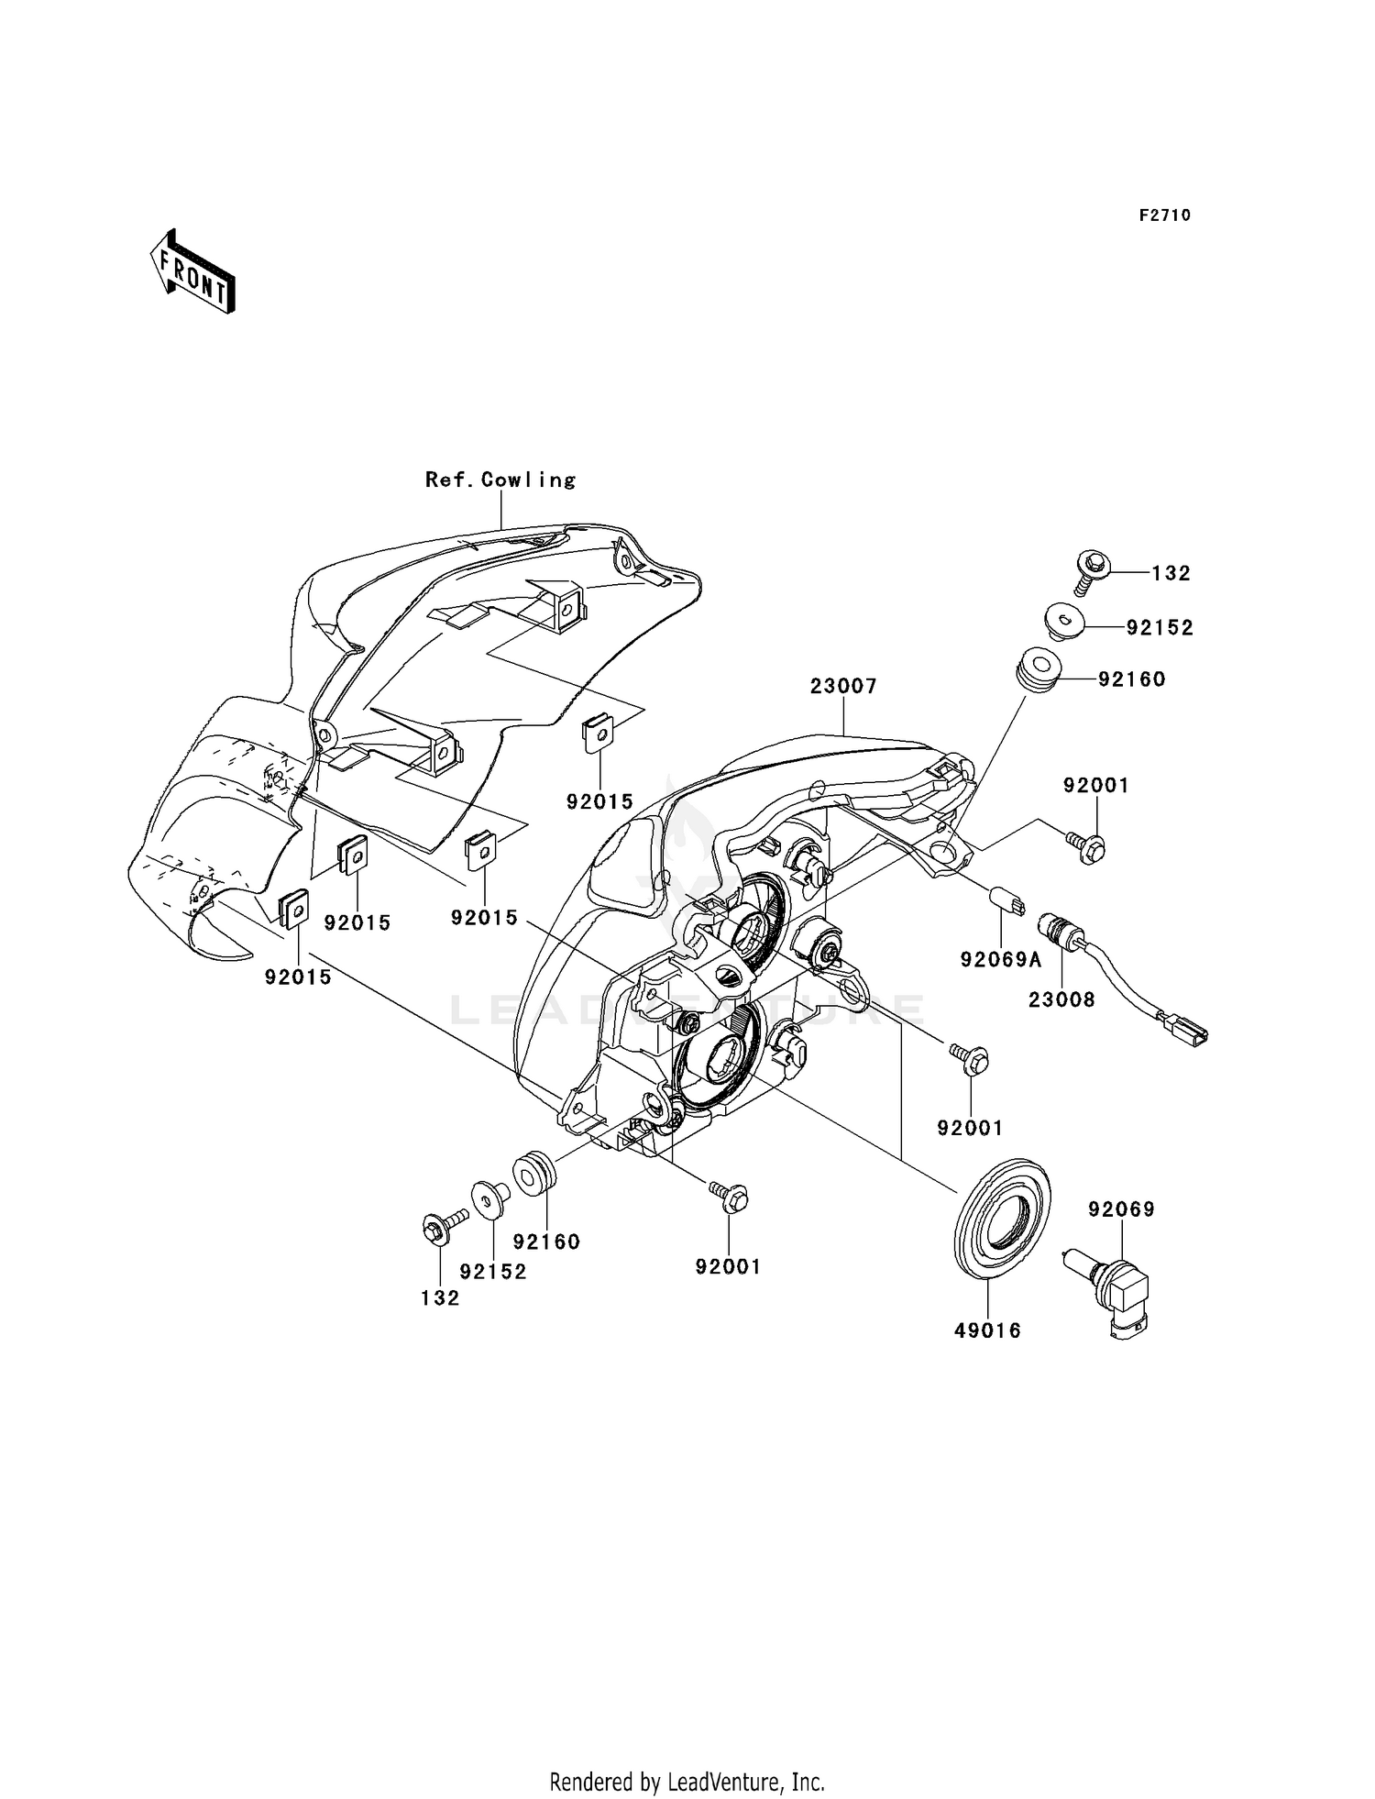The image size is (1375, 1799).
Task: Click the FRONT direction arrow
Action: point(193,273)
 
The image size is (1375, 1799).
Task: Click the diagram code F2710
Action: point(1164,215)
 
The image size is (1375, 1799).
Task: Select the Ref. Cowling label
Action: point(500,480)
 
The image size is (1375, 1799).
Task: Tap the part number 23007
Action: point(843,686)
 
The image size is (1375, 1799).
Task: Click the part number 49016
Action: point(987,1330)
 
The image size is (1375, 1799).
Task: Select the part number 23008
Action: point(1061,999)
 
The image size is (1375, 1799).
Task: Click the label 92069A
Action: point(1001,960)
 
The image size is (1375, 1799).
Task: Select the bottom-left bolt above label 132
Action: point(441,1226)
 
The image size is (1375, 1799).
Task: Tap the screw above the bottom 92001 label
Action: point(730,1196)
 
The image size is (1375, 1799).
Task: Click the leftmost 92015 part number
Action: point(298,977)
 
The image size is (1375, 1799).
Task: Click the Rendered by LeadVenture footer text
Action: point(687,1782)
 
